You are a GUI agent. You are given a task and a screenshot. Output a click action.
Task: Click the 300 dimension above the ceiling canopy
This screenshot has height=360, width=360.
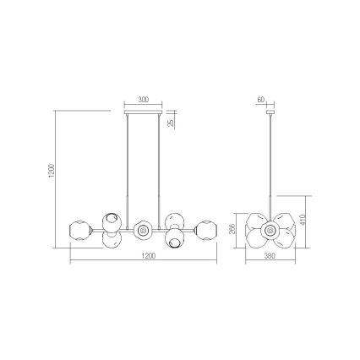tap(143, 100)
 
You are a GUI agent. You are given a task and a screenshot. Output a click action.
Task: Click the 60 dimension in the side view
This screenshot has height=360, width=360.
tap(261, 100)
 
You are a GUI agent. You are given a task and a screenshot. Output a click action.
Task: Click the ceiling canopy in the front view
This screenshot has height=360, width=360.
tap(143, 112)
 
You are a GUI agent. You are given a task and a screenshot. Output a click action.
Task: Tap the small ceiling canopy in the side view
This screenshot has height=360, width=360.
tap(270, 112)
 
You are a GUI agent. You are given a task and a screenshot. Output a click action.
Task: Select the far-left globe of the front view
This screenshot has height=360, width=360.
tap(80, 229)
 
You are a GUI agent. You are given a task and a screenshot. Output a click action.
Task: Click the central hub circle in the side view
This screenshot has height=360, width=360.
tap(270, 228)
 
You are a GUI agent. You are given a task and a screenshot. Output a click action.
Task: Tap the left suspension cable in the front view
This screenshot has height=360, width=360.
tap(129, 169)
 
